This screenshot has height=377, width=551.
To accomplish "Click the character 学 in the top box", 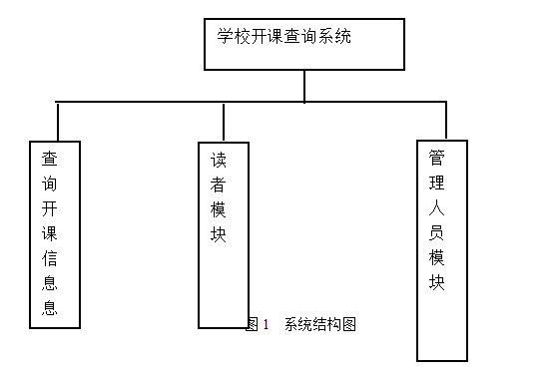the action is [225, 36].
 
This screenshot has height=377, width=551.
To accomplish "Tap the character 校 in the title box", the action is [242, 36].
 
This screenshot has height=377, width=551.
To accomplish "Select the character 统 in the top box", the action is [343, 36].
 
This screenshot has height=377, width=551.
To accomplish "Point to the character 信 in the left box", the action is [49, 258].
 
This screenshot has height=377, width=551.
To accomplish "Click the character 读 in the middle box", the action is [219, 160].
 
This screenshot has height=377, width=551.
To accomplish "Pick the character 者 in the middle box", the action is [219, 185].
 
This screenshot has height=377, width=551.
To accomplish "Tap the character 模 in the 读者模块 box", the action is [219, 209].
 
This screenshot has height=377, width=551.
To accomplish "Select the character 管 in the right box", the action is [437, 158].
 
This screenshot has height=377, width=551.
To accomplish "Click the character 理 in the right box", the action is [437, 183].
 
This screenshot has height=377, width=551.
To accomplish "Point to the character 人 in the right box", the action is [437, 207].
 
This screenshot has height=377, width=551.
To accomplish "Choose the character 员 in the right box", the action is [437, 232].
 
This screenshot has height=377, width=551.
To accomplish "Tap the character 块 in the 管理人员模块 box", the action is [437, 282].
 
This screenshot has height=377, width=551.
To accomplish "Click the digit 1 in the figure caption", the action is [266, 324].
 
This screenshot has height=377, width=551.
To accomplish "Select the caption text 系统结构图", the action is [320, 324].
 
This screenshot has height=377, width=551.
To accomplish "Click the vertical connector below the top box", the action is [304, 86].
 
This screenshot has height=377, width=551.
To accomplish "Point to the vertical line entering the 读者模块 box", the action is [224, 122].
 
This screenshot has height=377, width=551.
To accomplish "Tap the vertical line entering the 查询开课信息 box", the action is [58, 122].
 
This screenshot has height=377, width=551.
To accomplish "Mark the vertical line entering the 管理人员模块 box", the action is [446, 121].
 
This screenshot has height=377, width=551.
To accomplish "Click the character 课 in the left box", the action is [49, 233].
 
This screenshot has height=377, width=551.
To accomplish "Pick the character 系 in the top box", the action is [326, 36].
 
